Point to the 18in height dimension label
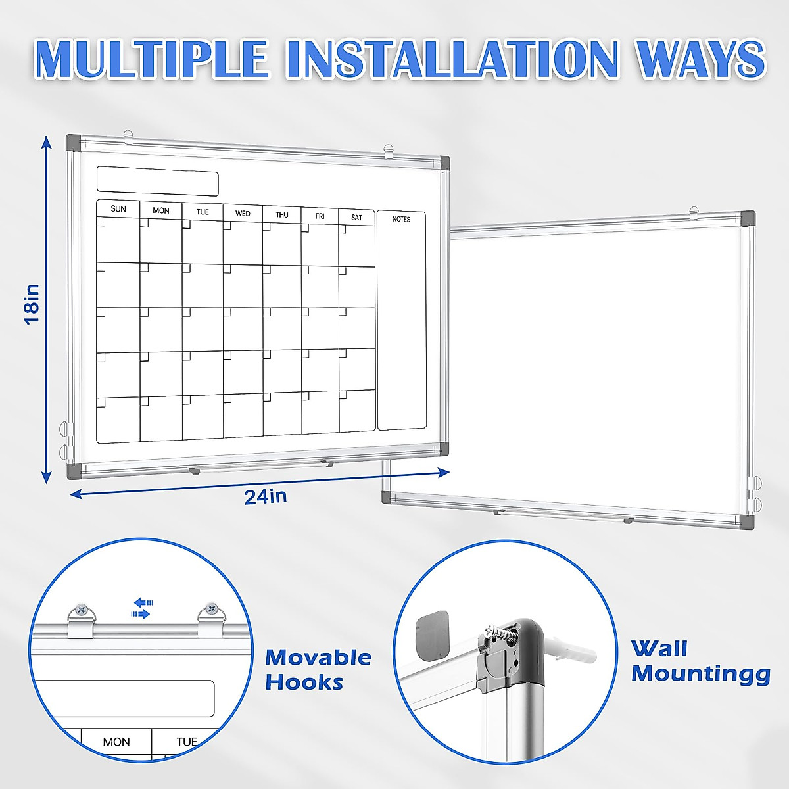(32, 304)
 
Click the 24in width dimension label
(266, 496)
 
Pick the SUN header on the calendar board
(118, 209)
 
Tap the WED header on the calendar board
(243, 213)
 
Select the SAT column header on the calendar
(356, 217)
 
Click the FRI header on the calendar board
(320, 216)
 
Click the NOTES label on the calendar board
(401, 219)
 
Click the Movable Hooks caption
(318, 669)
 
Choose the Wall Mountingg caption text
(700, 661)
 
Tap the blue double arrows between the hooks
(141, 608)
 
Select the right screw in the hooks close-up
(211, 609)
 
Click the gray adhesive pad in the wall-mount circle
(433, 635)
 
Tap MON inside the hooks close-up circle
(116, 742)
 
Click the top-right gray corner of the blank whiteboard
(747, 218)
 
